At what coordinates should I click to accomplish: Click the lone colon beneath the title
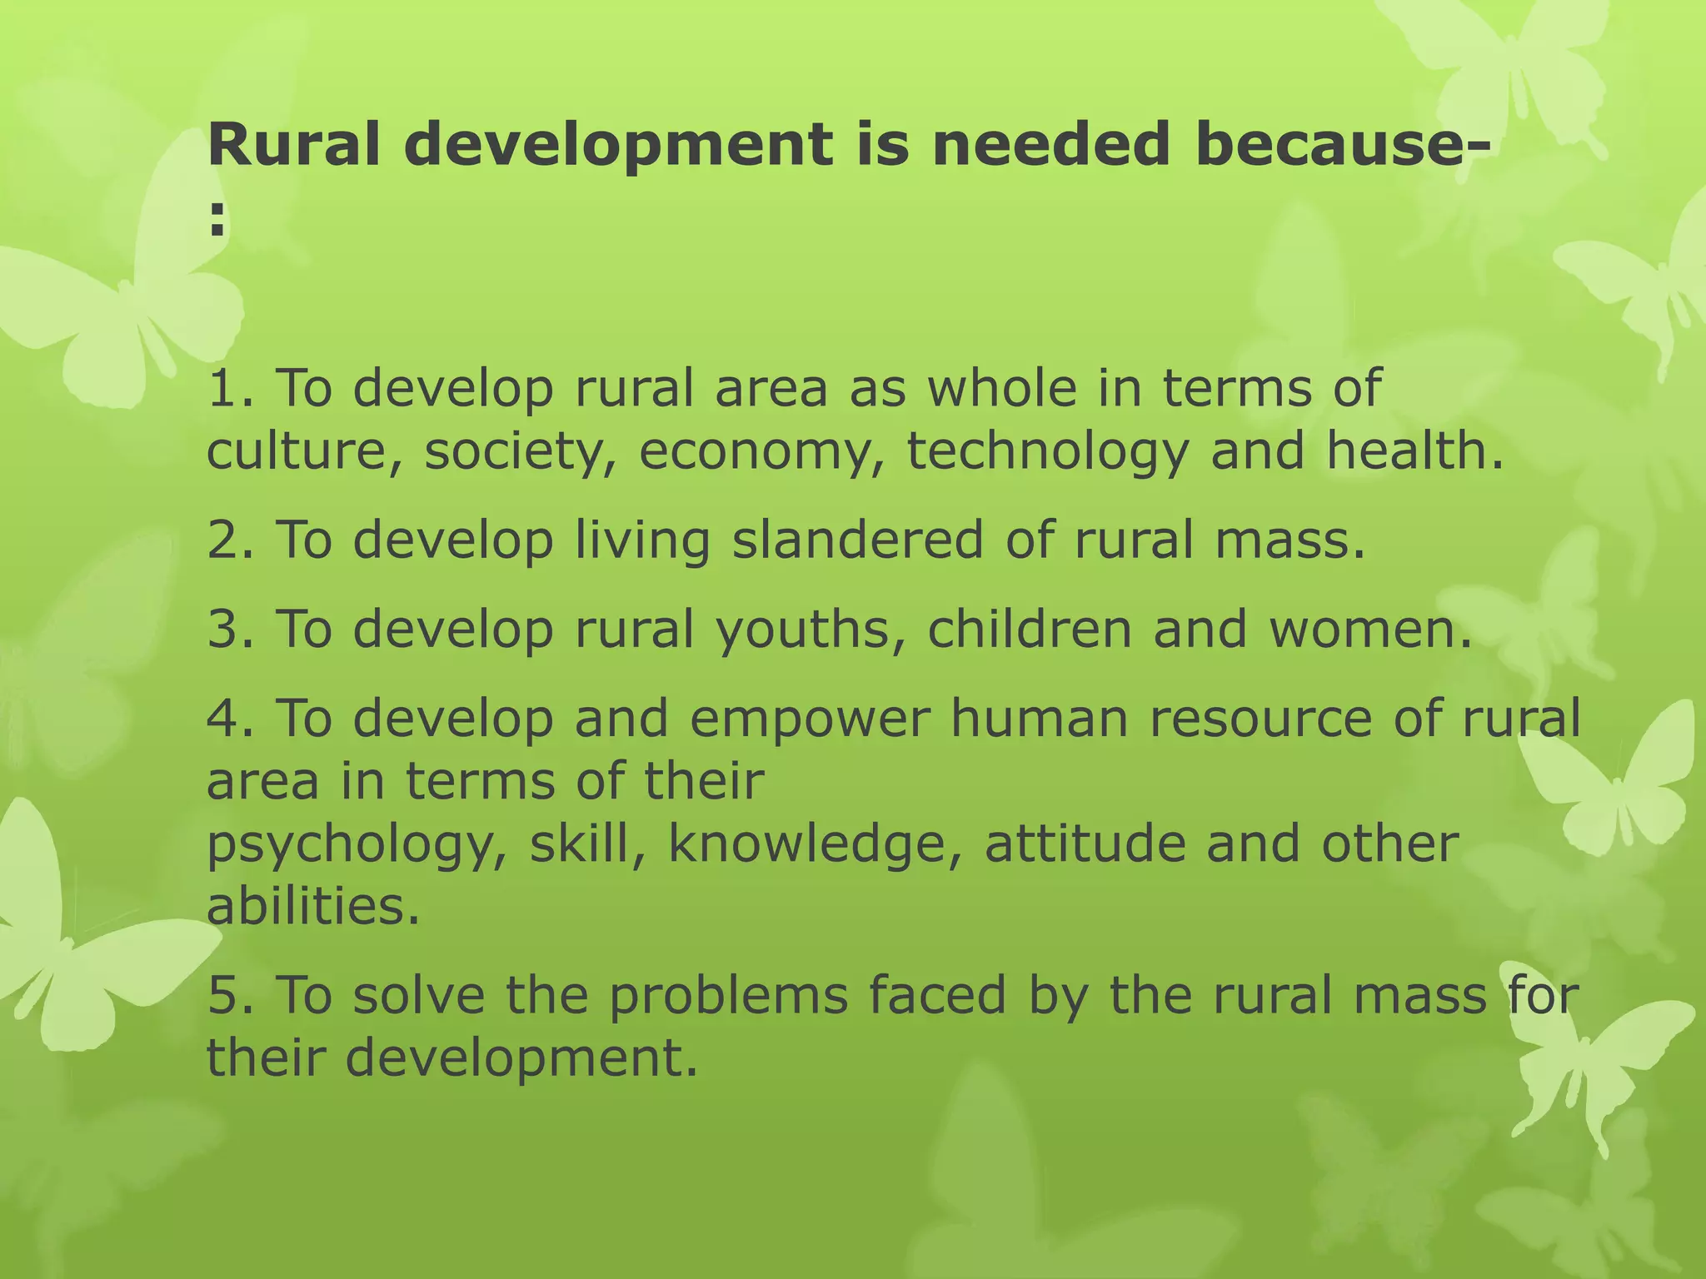217,220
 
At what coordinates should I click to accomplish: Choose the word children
1029,629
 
